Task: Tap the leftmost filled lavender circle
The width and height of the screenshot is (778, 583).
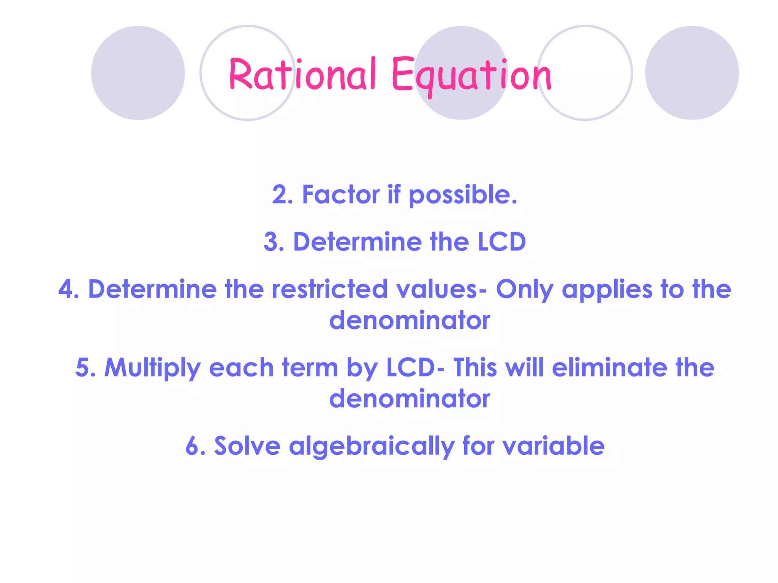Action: tap(138, 73)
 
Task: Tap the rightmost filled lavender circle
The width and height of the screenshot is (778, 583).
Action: tap(692, 73)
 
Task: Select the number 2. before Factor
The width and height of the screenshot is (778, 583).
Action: tap(283, 195)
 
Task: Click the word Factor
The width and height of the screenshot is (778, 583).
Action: tap(340, 195)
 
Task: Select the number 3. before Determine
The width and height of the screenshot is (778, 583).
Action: tap(274, 242)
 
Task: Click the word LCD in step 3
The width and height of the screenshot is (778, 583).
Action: tap(501, 242)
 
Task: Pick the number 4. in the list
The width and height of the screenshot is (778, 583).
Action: tap(69, 289)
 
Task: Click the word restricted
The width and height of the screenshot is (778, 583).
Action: tap(330, 289)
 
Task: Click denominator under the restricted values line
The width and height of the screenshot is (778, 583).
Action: tap(410, 320)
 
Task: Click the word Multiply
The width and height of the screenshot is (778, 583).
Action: tap(152, 368)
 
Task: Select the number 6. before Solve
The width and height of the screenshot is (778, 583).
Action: tap(195, 446)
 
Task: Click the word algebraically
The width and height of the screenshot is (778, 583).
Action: tap(372, 446)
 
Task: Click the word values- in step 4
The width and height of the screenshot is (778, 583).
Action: tap(441, 289)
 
